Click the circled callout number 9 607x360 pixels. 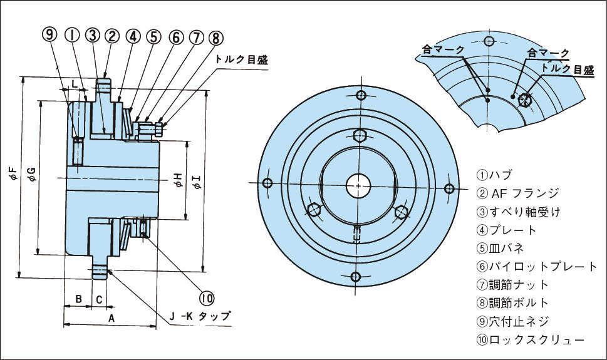click(50, 36)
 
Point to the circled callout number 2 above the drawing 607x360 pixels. click(112, 36)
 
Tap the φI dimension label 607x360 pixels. click(195, 182)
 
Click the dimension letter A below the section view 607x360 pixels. click(112, 319)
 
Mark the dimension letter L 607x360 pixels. click(74, 83)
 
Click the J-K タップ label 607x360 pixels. click(199, 316)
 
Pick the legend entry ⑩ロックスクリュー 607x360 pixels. click(531, 339)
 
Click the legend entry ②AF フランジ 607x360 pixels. click(517, 193)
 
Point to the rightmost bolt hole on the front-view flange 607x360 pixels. click(449, 188)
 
